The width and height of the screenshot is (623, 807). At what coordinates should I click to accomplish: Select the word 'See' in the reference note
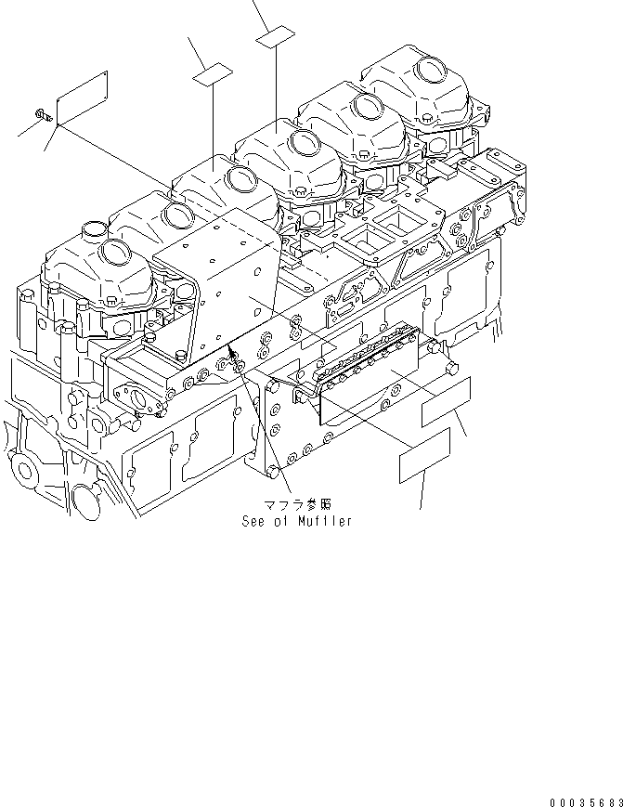click(x=253, y=522)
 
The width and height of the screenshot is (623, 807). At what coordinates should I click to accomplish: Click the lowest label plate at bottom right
click(x=424, y=456)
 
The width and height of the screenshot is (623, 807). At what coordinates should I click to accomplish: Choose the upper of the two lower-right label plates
click(x=448, y=402)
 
